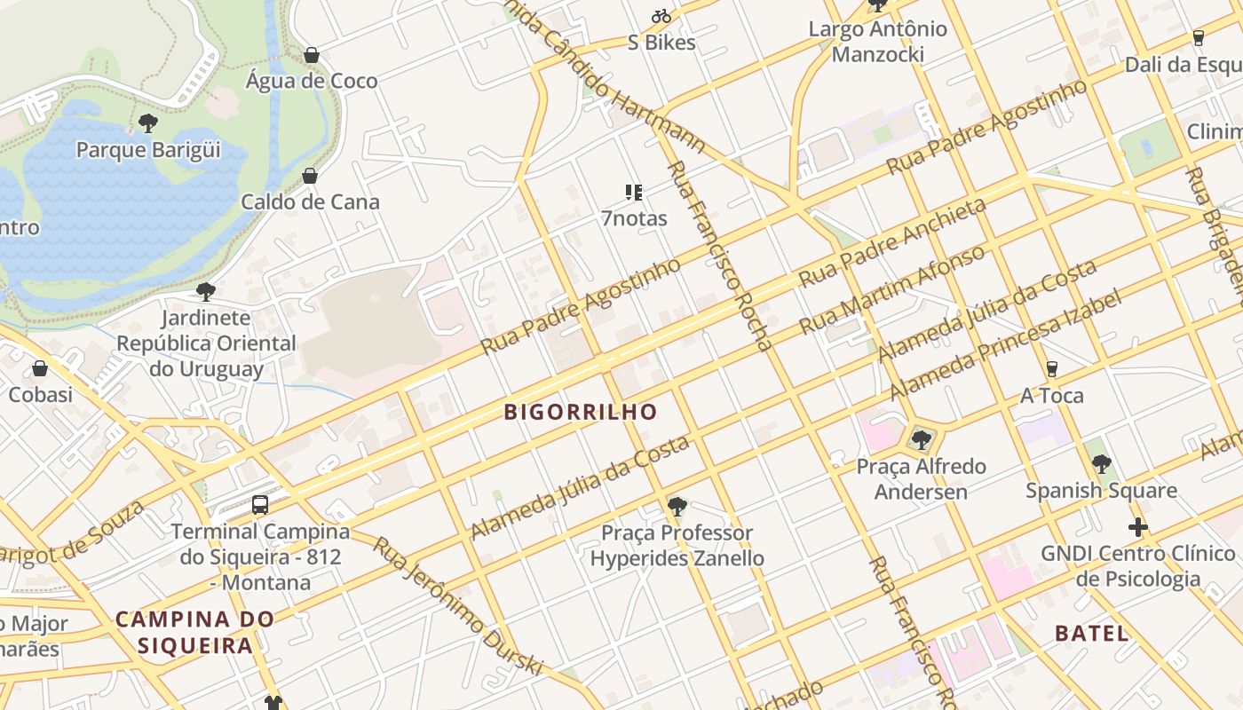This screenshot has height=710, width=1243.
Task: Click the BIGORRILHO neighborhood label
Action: [x=581, y=412]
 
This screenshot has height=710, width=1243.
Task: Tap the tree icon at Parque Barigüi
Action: [x=148, y=123]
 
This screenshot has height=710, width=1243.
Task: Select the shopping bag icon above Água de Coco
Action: [x=312, y=55]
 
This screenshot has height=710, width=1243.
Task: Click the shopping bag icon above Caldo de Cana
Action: [x=310, y=176]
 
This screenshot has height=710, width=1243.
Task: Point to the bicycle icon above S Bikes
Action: [x=661, y=16]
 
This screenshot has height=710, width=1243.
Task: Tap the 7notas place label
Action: [x=634, y=218]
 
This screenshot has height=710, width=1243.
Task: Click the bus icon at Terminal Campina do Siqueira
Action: [x=260, y=505]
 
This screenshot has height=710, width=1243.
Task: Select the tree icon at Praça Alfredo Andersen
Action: [x=922, y=439]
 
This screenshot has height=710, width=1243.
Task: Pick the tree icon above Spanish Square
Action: [x=1102, y=463]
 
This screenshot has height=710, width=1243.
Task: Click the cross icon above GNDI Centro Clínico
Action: [x=1138, y=527]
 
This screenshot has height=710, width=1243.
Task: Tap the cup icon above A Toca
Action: [x=1052, y=368]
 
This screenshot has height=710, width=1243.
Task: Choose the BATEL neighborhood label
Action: [x=1092, y=633]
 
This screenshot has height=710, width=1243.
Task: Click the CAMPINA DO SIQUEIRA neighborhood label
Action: [x=195, y=632]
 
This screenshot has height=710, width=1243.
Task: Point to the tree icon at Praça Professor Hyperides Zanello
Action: [x=677, y=507]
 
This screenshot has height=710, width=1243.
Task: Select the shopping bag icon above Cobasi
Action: [x=40, y=368]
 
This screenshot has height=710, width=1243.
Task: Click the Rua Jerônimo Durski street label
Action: [x=456, y=606]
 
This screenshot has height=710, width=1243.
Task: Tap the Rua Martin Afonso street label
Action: [x=892, y=290]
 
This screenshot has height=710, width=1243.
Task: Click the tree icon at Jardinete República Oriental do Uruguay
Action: [x=206, y=291]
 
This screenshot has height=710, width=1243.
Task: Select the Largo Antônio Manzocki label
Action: [x=877, y=41]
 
